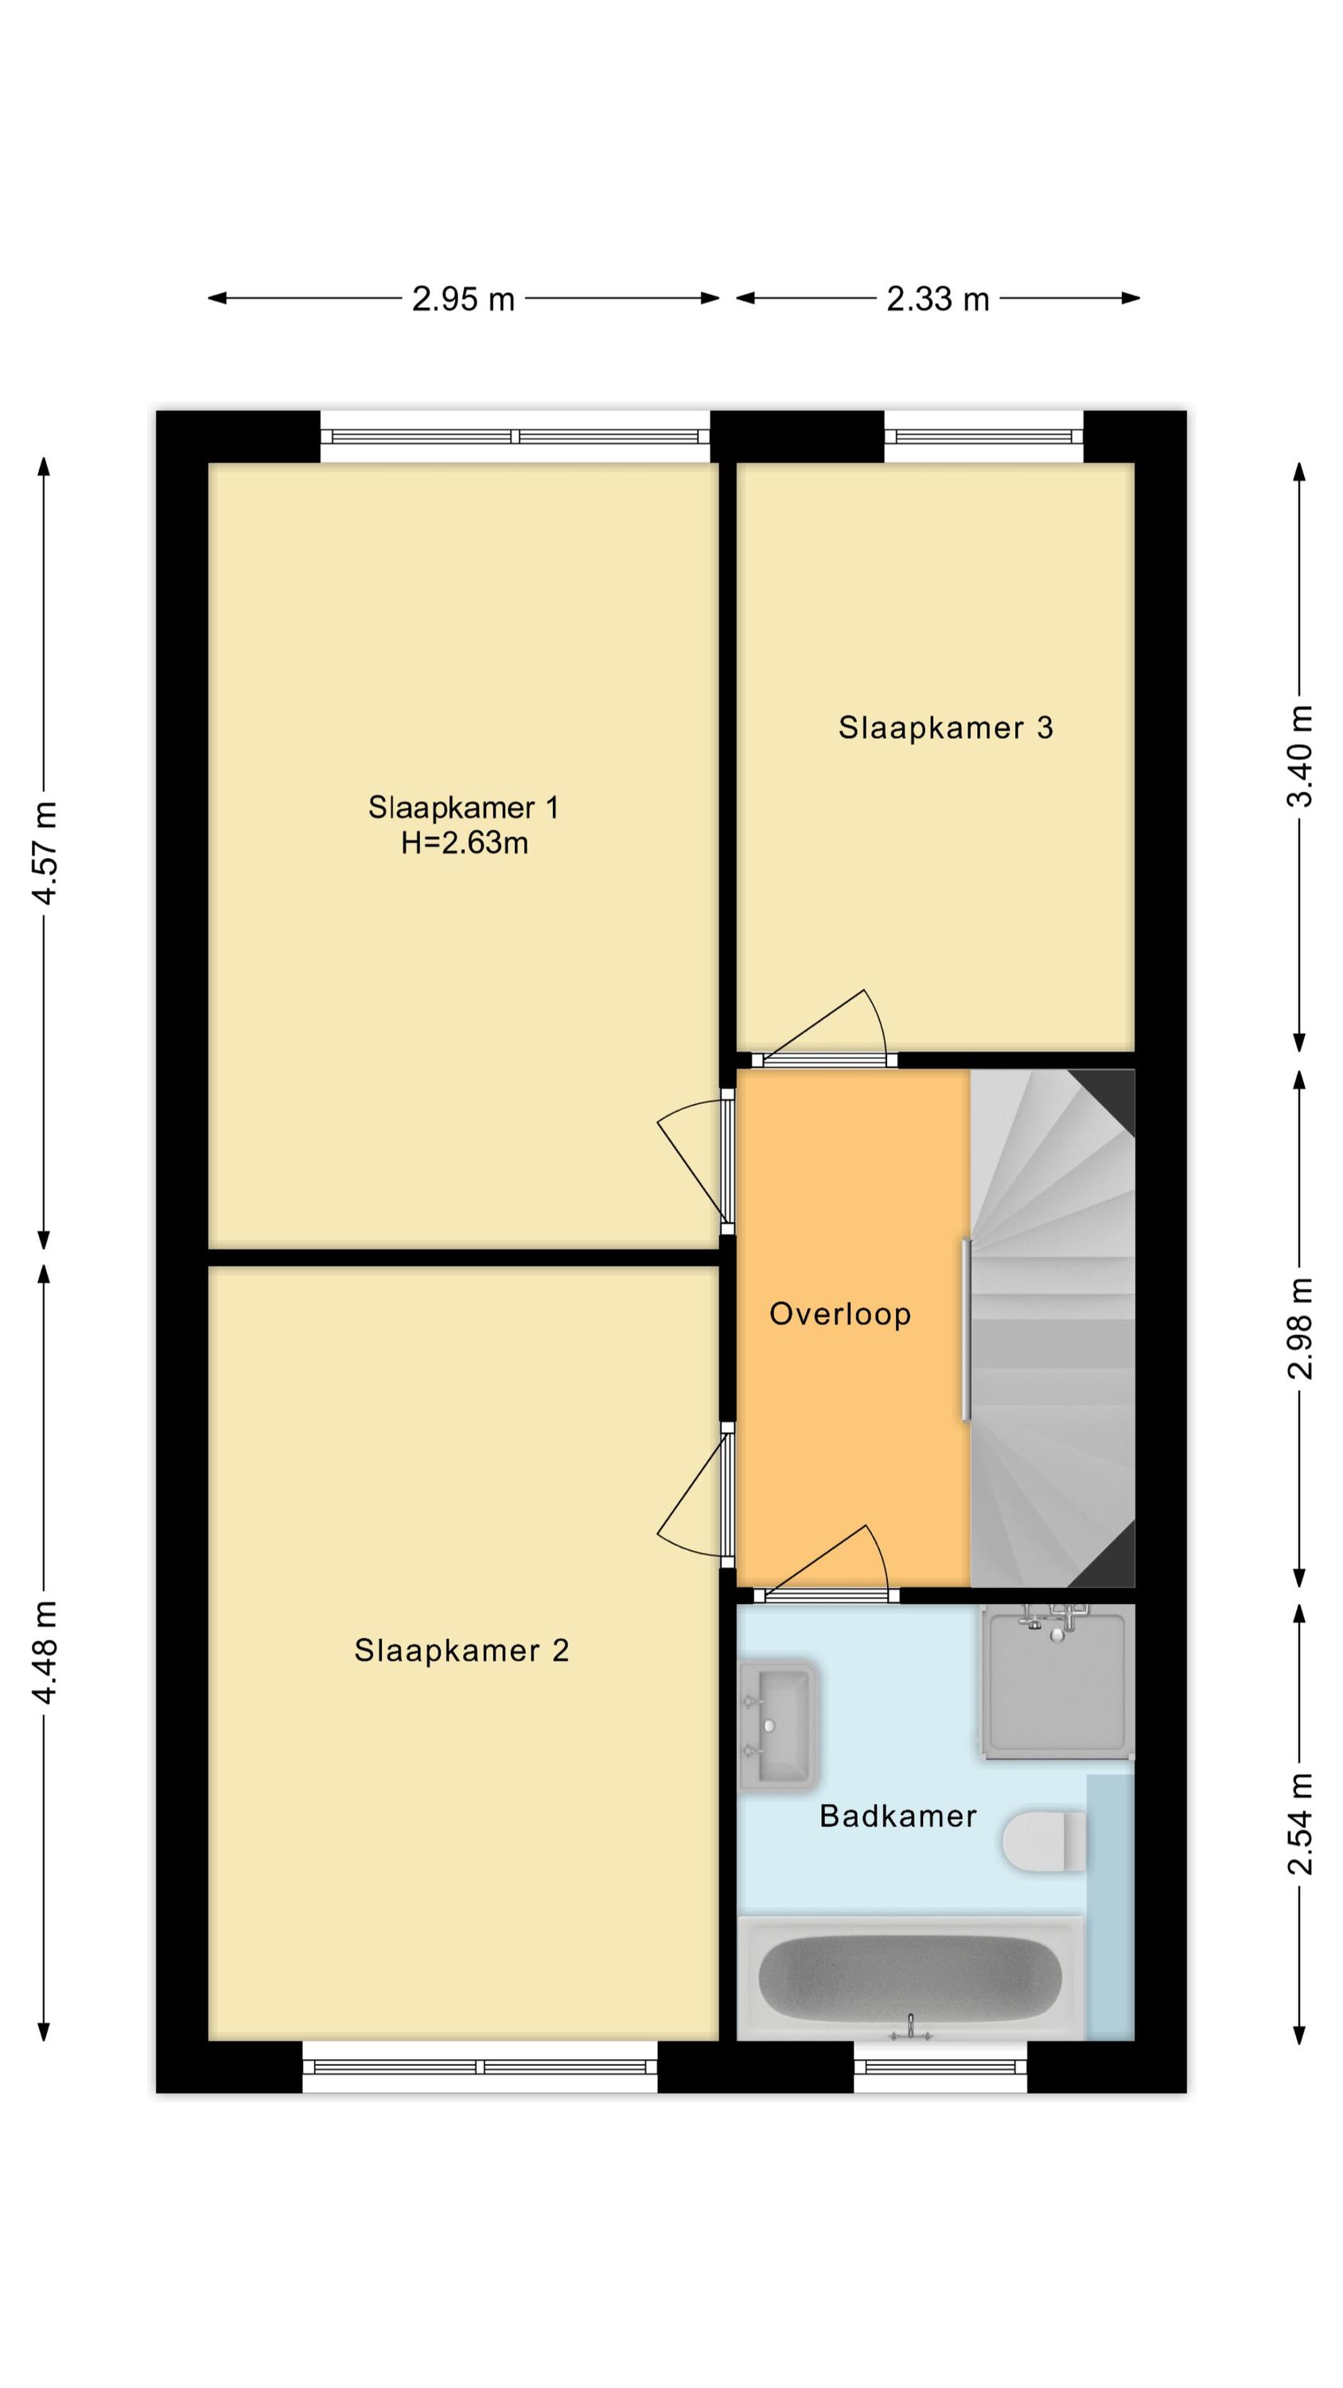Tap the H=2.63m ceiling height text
tap(465, 844)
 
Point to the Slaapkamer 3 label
tap(945, 728)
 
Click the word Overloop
tap(839, 1314)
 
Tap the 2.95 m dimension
tap(463, 298)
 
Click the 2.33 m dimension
tap(938, 298)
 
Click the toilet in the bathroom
tap(1045, 1841)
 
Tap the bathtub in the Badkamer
tap(910, 1978)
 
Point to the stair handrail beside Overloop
tap(967, 1329)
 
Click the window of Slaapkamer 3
tap(983, 437)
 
